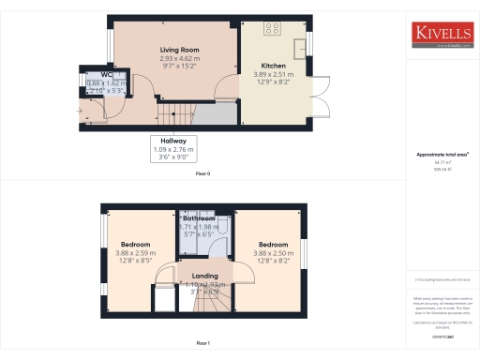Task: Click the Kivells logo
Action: click(x=442, y=35)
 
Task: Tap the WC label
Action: click(x=94, y=74)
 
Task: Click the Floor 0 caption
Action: click(x=202, y=174)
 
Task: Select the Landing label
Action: click(x=204, y=276)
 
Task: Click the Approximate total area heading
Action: click(x=442, y=155)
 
